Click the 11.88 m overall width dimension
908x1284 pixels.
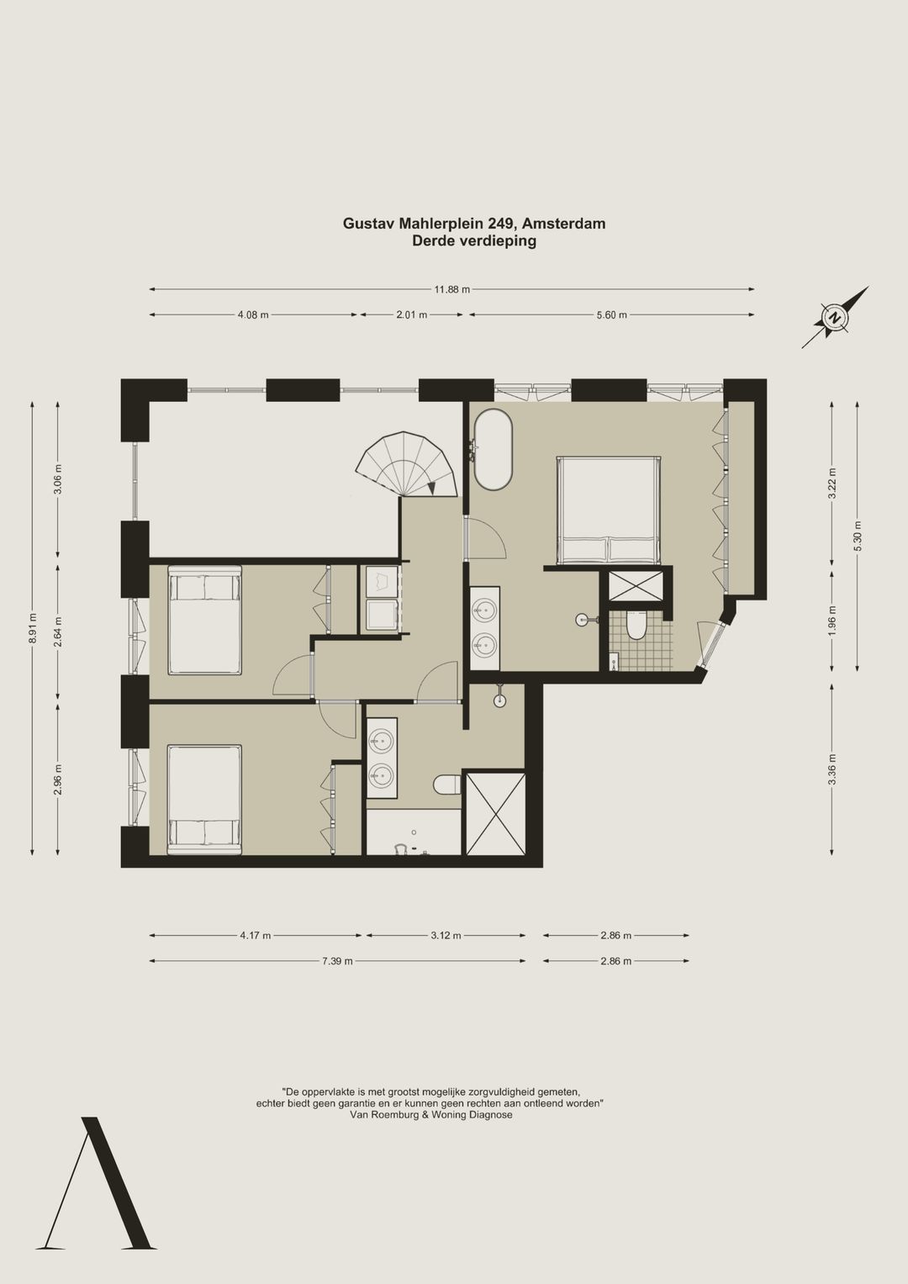[451, 289]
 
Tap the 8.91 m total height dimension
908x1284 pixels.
[33, 628]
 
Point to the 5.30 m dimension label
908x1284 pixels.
[858, 536]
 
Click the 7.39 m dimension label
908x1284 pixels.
[338, 961]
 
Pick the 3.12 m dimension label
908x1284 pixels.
[446, 936]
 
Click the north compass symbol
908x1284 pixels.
[835, 317]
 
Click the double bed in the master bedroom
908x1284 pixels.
[609, 509]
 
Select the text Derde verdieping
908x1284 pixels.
[474, 240]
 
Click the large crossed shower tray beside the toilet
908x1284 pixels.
[496, 814]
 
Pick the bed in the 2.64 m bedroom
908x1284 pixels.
[204, 620]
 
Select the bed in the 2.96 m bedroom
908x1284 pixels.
[204, 800]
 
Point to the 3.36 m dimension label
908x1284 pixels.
[832, 770]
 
